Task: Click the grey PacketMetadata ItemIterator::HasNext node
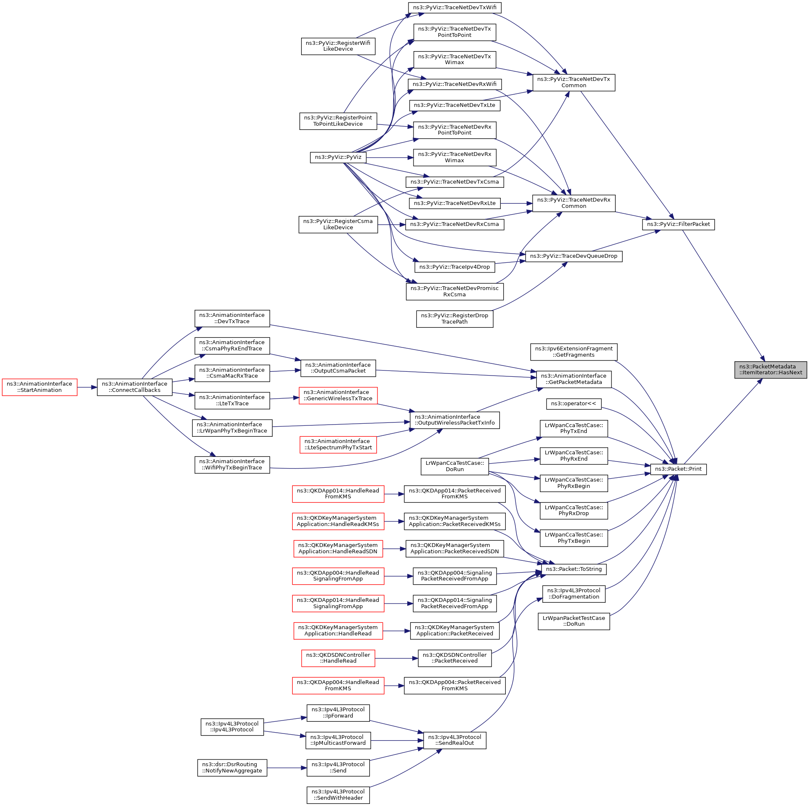(x=770, y=370)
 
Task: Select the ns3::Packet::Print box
(x=678, y=469)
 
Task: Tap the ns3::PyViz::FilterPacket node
(x=678, y=224)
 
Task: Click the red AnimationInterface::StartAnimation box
(x=39, y=387)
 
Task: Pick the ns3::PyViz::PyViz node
(x=338, y=157)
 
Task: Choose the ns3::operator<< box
(x=573, y=404)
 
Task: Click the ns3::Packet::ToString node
(x=574, y=569)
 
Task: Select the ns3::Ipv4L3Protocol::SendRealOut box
(x=455, y=740)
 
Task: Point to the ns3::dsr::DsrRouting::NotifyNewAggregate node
(x=232, y=767)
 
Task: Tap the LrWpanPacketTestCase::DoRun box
(x=574, y=621)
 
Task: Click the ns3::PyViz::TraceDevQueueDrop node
(x=573, y=256)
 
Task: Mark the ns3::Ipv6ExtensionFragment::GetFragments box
(x=574, y=352)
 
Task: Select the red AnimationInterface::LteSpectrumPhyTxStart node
(x=338, y=444)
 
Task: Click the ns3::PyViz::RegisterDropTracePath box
(x=455, y=319)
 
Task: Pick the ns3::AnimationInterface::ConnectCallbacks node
(x=135, y=387)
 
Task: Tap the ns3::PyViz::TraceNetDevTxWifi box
(x=455, y=8)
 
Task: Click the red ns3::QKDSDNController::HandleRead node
(x=338, y=658)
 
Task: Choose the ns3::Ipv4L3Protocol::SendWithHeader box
(x=338, y=795)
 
